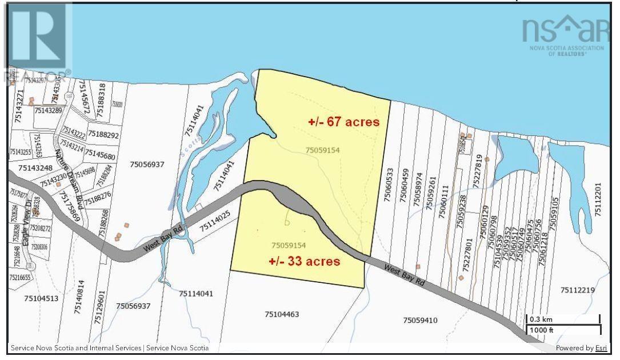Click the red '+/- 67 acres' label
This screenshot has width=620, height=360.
click(344, 122)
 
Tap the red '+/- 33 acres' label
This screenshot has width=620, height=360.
click(305, 262)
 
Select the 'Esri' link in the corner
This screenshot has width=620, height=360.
click(601, 348)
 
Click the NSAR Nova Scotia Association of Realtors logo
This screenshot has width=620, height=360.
click(562, 34)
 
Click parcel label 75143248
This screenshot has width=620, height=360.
click(35, 168)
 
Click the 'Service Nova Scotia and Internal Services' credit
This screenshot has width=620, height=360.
click(75, 348)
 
